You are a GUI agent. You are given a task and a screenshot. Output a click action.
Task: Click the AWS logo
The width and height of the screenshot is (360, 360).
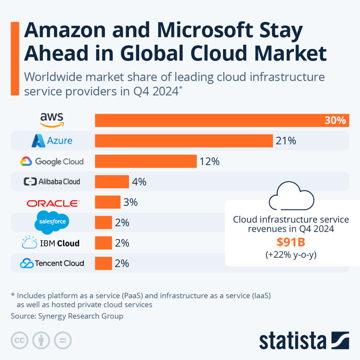point(52,120)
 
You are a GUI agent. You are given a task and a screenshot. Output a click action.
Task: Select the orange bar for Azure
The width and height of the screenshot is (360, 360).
point(184,141)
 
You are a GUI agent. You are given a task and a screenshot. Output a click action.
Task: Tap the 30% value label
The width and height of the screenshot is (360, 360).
point(335,121)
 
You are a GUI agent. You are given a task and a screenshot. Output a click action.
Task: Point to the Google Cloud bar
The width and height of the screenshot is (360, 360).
point(146,161)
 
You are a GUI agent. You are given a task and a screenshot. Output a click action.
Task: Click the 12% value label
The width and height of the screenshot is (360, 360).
point(210,161)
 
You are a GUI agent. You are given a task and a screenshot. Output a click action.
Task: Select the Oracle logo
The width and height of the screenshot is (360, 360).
point(53,203)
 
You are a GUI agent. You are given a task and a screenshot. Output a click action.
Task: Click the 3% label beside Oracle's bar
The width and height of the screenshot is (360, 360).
point(130,202)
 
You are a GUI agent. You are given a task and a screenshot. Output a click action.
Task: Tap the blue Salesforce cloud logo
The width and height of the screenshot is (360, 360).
point(52,222)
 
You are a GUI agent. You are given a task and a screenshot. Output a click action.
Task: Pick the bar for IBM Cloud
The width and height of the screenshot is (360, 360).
point(103,243)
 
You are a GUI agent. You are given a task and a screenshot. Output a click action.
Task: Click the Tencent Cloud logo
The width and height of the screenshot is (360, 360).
point(52,263)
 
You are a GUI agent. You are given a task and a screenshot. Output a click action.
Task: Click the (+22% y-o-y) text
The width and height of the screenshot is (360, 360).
point(291,255)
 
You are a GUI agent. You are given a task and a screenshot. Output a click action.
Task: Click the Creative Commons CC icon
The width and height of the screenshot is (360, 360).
point(20,340)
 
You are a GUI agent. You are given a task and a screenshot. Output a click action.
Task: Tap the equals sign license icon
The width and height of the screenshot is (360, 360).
point(63,340)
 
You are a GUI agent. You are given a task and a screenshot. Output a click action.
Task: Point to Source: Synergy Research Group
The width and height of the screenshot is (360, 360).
point(67,316)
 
